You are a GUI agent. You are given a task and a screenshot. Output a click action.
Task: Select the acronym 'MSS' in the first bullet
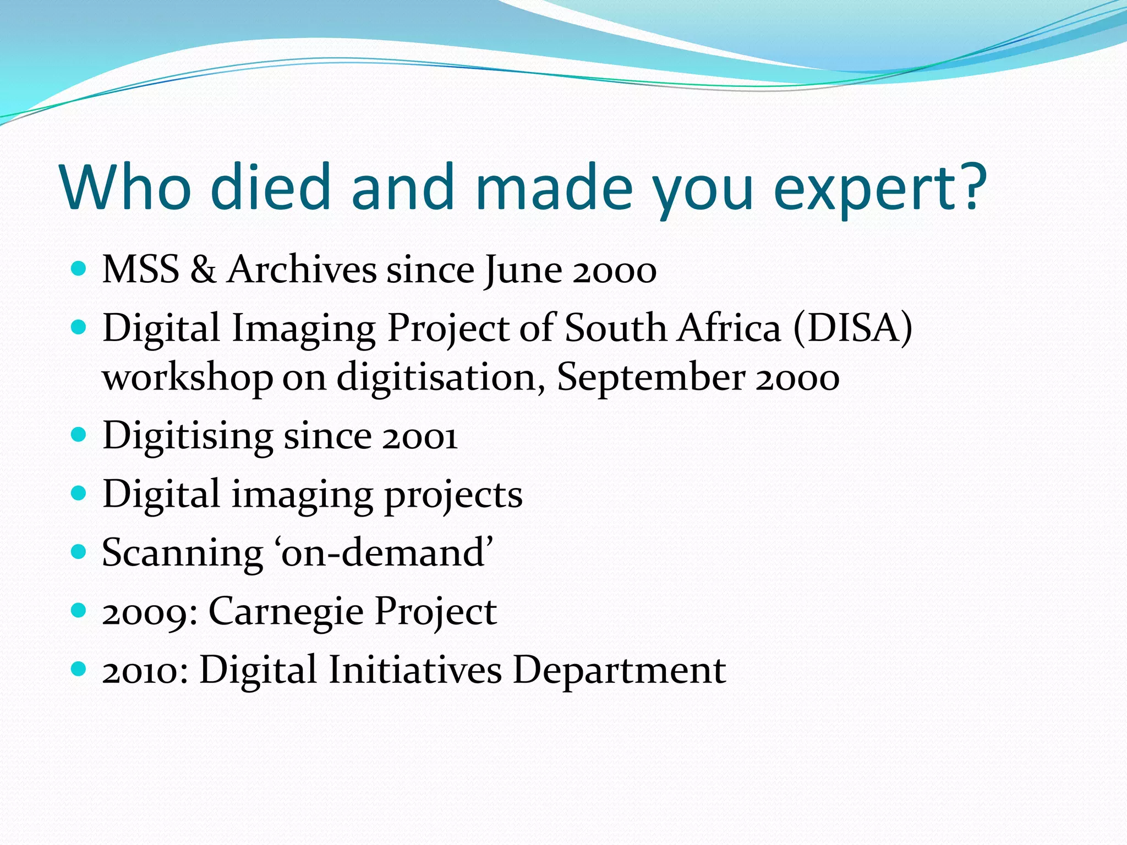141,270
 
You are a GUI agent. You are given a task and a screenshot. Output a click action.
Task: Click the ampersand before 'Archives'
203,270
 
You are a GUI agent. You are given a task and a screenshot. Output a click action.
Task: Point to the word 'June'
523,271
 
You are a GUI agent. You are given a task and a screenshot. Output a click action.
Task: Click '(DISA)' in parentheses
852,328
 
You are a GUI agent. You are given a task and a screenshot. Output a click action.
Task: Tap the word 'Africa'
729,328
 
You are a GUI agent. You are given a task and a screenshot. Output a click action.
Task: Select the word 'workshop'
187,378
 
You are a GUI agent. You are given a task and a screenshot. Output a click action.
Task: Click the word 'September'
651,378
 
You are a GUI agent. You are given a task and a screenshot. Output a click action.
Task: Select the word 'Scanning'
183,553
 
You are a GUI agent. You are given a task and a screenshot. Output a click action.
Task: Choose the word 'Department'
619,671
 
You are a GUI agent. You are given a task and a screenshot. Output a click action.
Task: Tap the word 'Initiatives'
415,670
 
